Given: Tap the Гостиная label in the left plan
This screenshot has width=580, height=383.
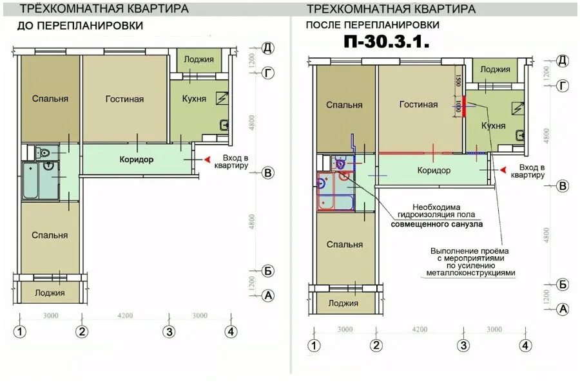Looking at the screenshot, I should click(x=125, y=99).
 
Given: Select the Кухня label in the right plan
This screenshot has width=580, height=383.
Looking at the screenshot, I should click(x=493, y=126).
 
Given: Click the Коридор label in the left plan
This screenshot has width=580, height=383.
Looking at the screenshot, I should click(x=136, y=160).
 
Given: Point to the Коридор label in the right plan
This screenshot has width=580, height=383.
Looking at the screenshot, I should click(x=433, y=171).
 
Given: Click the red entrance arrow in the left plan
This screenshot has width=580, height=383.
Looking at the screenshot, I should click(x=208, y=160).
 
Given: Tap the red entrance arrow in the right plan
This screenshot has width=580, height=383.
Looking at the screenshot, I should click(x=503, y=170).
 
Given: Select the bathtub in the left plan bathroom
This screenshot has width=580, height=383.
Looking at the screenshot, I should click(x=30, y=180).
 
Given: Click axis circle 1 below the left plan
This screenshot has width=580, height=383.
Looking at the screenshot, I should click(x=21, y=332).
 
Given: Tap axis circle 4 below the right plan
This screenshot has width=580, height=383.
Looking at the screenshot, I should click(x=526, y=346).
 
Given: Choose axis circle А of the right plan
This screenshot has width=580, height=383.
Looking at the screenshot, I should click(x=563, y=309).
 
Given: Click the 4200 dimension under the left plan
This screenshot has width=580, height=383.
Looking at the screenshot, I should click(x=125, y=315).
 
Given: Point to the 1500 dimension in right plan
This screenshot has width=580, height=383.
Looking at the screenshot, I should click(x=458, y=82).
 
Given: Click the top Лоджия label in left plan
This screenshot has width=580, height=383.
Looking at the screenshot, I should click(x=198, y=59).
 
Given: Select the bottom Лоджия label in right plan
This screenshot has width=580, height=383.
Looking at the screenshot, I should click(x=343, y=303).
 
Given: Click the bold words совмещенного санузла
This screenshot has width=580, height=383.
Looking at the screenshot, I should click(x=437, y=225).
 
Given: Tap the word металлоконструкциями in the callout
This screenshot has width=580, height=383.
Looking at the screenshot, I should click(x=470, y=273).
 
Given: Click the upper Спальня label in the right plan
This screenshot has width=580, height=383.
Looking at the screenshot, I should click(x=343, y=105).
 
